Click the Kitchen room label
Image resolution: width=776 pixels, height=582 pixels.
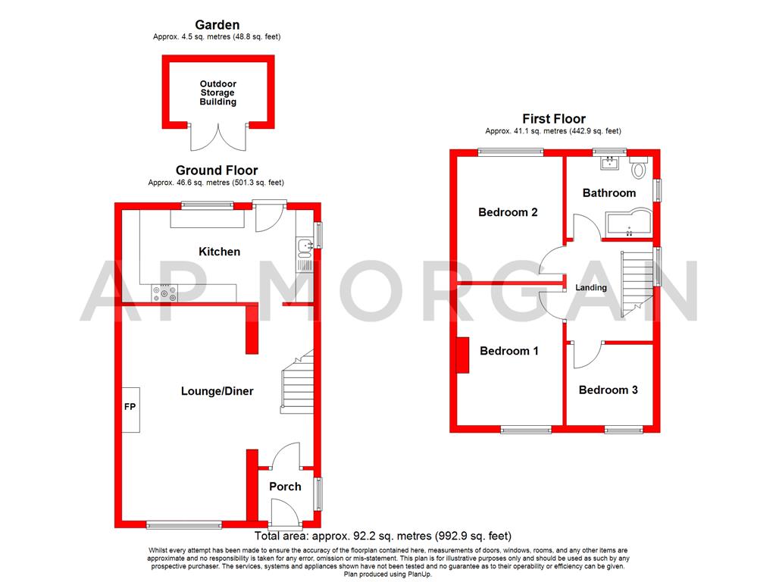point(219,252)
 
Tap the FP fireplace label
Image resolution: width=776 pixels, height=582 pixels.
point(130,408)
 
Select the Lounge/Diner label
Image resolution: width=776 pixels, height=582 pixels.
point(217,391)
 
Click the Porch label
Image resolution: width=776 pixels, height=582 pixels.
point(285,487)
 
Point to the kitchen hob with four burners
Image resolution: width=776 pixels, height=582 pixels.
point(164,293)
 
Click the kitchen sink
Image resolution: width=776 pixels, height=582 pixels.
point(305,246)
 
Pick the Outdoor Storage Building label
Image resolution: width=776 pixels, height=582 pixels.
point(217,93)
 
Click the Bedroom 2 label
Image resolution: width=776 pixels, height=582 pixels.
point(508,212)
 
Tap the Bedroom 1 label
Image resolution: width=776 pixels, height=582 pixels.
point(509,351)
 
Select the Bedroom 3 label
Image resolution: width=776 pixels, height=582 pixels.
point(608,390)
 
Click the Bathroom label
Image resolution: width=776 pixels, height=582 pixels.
point(609,192)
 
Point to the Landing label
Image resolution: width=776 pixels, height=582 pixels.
point(591,288)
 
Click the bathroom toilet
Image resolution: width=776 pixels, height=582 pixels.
point(637,169)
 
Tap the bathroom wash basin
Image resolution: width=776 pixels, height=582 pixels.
point(609,162)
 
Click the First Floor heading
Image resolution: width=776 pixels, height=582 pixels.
point(554,119)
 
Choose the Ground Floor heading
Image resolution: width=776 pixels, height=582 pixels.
point(217,171)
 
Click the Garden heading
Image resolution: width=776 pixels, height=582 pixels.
point(217,25)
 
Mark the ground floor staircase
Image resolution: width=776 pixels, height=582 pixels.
point(297,383)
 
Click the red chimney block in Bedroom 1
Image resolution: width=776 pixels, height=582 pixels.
point(462,354)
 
